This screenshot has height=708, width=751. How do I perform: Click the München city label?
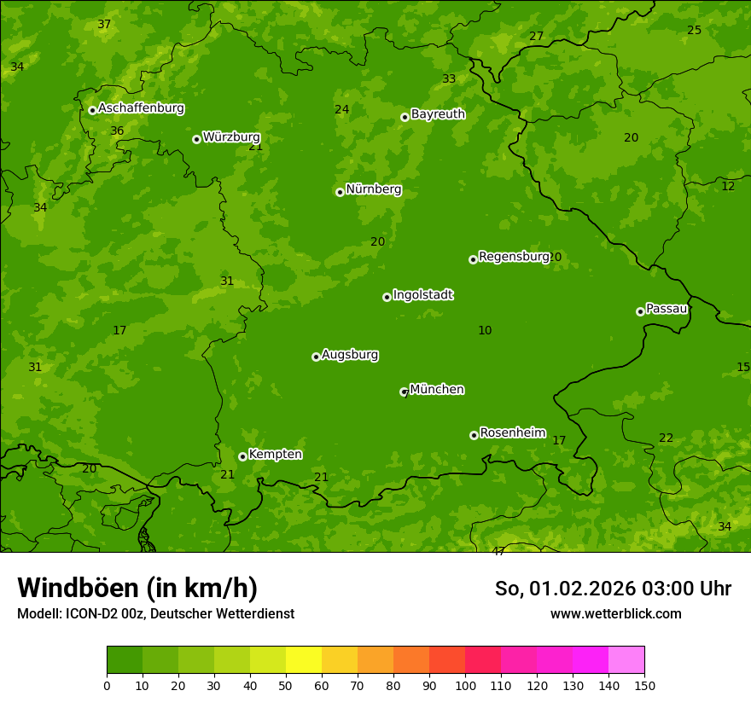tap(436, 390)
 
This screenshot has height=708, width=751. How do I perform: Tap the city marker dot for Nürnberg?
tap(340, 192)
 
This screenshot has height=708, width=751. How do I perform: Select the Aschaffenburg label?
tap(141, 108)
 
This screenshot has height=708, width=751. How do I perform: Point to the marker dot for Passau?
tap(640, 311)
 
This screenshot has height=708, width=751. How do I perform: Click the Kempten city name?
tap(275, 455)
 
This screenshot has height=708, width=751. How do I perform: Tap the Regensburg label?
tap(513, 257)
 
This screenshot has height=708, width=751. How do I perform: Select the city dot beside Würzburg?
tap(196, 139)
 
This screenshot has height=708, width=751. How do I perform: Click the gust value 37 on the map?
tap(104, 25)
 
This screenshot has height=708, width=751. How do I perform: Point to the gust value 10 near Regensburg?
tap(485, 331)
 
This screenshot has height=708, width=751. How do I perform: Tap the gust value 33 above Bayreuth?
tap(449, 79)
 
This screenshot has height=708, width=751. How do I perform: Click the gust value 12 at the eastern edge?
tap(728, 187)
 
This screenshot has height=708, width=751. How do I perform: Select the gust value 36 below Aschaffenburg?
tap(117, 131)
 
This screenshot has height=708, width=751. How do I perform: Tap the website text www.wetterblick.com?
tap(615, 613)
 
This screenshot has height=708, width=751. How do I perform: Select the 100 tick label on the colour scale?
tap(465, 685)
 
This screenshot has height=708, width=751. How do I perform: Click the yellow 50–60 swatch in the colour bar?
tap(304, 660)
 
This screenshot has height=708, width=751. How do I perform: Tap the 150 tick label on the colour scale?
tap(644, 685)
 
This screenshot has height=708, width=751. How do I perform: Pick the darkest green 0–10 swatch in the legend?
tap(125, 660)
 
